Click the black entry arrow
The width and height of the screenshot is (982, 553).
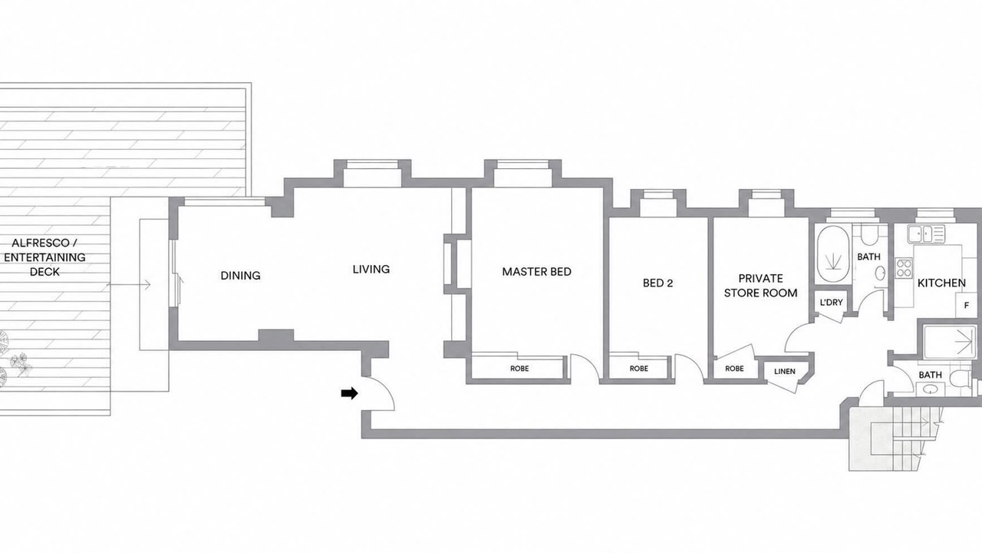click(x=349, y=393)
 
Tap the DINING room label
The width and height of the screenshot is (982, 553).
click(x=240, y=276)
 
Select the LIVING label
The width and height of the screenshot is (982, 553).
click(x=371, y=269)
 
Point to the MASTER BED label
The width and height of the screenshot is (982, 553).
click(x=536, y=272)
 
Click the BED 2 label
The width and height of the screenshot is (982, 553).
click(x=657, y=283)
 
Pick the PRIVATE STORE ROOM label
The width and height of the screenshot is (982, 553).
click(x=760, y=286)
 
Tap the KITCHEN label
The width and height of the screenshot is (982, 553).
click(x=941, y=283)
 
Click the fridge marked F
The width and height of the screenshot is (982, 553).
click(x=967, y=305)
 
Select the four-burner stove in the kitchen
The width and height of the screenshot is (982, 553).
click(x=904, y=268)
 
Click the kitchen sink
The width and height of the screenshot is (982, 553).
click(x=926, y=233)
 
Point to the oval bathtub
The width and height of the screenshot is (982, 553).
click(x=832, y=254)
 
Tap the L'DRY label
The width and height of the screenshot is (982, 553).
click(x=831, y=303)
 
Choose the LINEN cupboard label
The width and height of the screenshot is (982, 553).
click(x=785, y=371)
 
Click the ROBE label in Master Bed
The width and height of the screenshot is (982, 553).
click(x=519, y=369)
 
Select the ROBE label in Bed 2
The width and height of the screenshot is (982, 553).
click(x=639, y=369)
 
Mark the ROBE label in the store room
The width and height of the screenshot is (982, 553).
click(x=734, y=369)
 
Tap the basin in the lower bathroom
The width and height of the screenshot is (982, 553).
click(x=931, y=389)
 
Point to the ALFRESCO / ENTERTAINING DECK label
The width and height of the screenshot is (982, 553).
click(x=44, y=257)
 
